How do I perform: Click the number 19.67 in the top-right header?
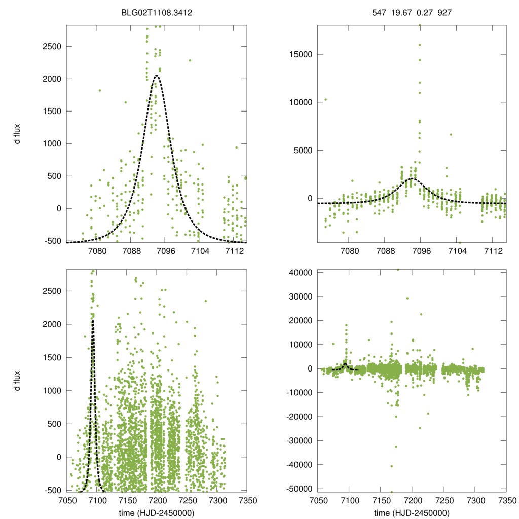[x=400, y=9]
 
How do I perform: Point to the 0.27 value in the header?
[x=422, y=9]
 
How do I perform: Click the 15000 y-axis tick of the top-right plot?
[x=299, y=54]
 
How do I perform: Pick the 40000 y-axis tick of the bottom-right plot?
[x=299, y=273]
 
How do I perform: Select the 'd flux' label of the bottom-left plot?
[x=18, y=381]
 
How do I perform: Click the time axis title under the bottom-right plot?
[x=412, y=512]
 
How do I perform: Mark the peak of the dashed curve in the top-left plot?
[x=157, y=76]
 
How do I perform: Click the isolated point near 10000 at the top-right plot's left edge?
[x=325, y=100]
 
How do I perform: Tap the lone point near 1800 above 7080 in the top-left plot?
[x=100, y=91]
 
